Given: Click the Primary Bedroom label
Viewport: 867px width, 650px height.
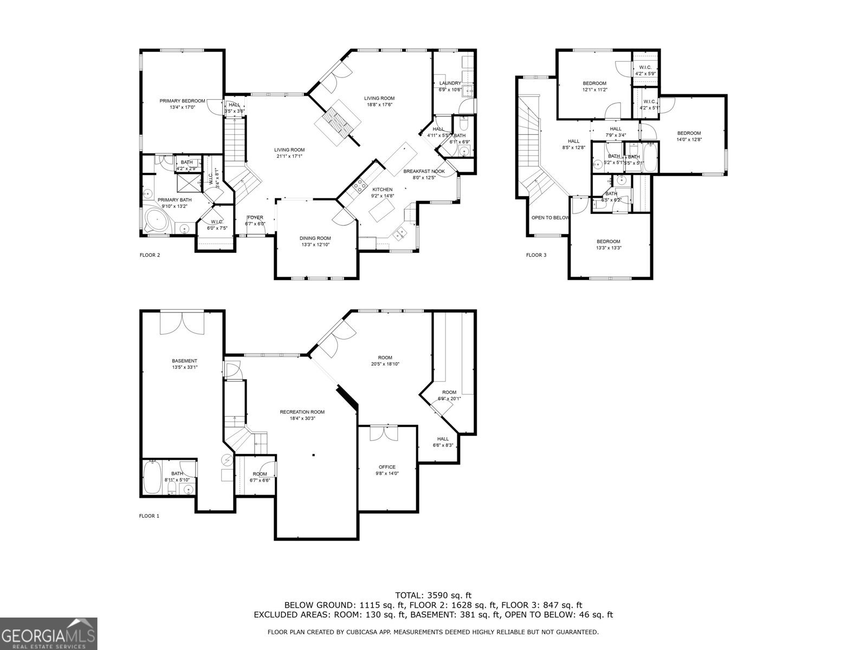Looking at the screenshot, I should click(182, 101).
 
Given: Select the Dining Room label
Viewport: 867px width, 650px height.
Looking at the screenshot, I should click(315, 238).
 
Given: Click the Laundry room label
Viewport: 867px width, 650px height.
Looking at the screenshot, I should click(450, 83).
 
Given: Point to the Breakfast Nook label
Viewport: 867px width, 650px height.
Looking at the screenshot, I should click(424, 172).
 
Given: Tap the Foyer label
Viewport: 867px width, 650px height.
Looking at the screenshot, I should click(255, 218).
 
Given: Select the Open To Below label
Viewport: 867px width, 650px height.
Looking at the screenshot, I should click(550, 218).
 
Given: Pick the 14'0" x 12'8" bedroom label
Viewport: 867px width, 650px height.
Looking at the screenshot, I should click(689, 133).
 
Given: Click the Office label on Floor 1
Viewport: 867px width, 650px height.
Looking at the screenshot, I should click(387, 467).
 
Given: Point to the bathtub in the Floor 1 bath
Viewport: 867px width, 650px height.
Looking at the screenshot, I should click(152, 477).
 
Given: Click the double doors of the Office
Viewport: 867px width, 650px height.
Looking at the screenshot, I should click(383, 433).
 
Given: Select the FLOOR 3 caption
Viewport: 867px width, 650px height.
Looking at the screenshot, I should click(536, 255).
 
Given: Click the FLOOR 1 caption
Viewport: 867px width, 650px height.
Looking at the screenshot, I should click(149, 516).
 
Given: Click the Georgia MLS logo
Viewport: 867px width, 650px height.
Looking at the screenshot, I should click(48, 633).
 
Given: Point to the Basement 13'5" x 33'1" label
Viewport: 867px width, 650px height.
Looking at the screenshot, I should click(184, 364).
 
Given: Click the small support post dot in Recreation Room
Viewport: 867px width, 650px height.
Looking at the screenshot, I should click(313, 455).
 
